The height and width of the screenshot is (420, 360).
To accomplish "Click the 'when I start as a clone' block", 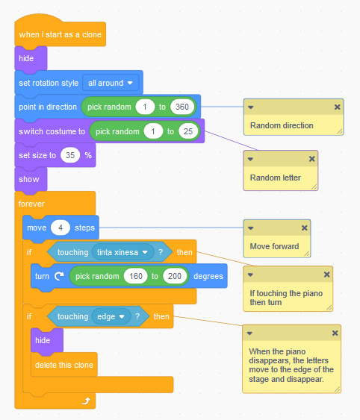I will click(60, 34).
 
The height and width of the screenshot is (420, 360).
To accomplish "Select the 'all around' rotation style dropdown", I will click(111, 82).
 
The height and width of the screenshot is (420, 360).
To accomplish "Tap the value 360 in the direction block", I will click(181, 107).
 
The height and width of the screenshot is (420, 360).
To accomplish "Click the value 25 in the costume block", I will click(188, 132).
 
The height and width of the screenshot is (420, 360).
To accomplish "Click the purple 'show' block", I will click(29, 180).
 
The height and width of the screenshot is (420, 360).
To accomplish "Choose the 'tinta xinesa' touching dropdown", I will click(123, 252).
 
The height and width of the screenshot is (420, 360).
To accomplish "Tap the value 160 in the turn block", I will click(134, 276).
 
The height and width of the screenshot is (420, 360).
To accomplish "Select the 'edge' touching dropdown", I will click(109, 316).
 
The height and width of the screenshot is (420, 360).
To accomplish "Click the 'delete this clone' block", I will click(64, 364).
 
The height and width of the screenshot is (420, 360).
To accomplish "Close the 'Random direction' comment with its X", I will click(336, 107).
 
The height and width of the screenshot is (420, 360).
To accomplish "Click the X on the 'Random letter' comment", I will click(311, 160).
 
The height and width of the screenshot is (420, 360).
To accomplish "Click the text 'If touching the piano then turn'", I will click(286, 298).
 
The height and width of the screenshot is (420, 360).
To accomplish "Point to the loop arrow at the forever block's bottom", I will click(86, 401).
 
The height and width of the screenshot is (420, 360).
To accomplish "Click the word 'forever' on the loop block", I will click(32, 203).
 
